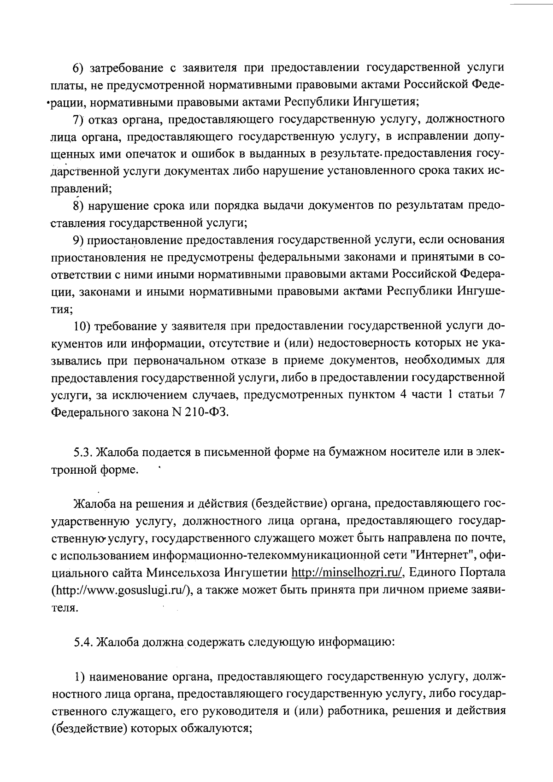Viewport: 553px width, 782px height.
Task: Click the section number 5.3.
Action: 84,453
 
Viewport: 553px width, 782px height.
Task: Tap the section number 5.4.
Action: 84,642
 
